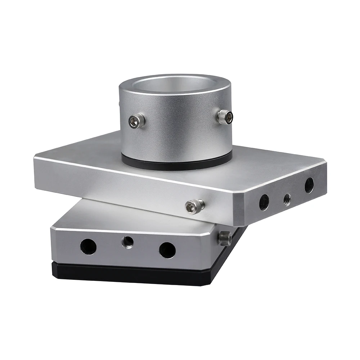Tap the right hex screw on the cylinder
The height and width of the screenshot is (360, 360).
point(225,117)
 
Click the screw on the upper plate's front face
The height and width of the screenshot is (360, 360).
point(195,206)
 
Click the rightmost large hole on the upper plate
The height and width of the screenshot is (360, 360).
point(309,185)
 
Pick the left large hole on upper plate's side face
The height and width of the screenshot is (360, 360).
point(264,202)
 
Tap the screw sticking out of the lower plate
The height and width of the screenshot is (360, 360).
point(225,238)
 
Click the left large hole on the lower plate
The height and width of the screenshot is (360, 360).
point(88,247)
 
